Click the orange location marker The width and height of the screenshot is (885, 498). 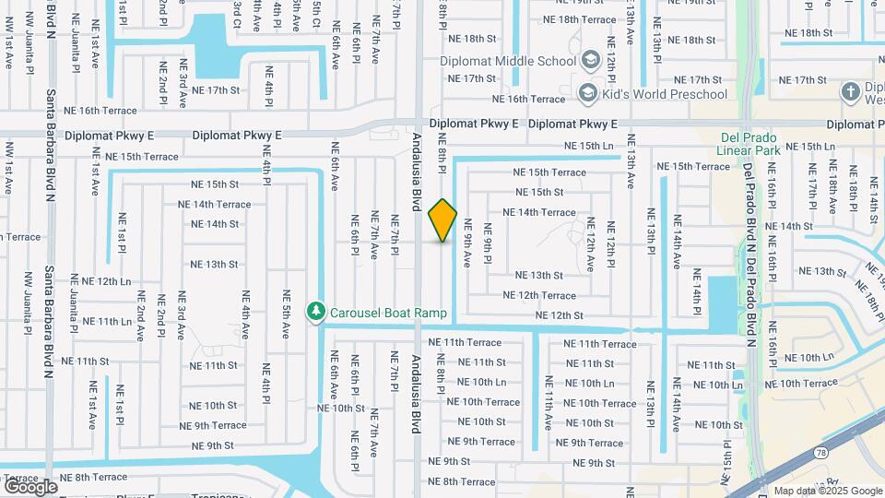pos(442,220)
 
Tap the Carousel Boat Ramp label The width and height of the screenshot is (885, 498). pos(388,313)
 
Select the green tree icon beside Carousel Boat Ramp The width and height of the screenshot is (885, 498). pos(316,312)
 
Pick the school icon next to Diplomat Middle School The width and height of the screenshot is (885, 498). pos(588,61)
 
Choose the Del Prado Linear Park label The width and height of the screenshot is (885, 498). pos(750,145)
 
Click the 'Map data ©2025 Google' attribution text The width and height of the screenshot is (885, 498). pos(827,491)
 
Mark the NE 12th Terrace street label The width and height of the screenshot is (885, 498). pos(539,296)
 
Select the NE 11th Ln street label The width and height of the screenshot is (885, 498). pos(107,321)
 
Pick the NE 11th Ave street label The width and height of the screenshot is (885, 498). pos(549,404)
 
